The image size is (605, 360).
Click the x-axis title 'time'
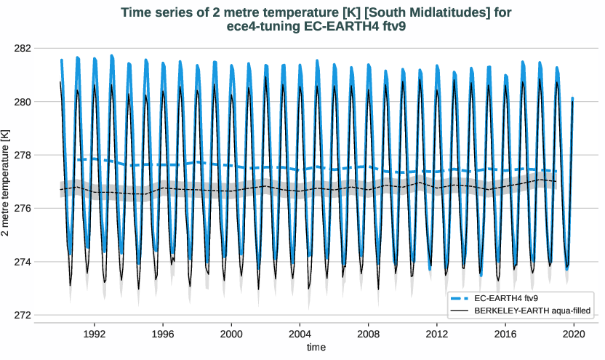[316, 347]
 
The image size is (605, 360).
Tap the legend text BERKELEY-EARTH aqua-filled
[532, 311]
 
